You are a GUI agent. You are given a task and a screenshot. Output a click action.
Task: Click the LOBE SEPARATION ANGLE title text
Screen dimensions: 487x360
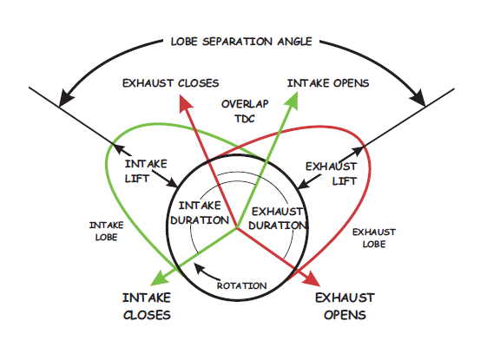pos(241,42)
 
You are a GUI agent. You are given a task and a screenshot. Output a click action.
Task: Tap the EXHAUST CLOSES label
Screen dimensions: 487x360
pos(170,83)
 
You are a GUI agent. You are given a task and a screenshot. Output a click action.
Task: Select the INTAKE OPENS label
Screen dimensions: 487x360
pos(328,83)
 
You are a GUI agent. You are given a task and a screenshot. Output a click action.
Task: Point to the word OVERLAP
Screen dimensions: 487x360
pos(245,104)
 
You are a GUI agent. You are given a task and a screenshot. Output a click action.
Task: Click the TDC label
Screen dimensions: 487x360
pos(245,119)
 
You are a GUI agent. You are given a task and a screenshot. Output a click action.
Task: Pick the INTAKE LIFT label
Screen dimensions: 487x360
pos(146,171)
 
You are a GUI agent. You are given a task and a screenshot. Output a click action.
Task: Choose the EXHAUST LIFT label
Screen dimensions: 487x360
pos(331,173)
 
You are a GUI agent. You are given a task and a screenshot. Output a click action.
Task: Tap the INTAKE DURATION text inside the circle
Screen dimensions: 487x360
pos(200,213)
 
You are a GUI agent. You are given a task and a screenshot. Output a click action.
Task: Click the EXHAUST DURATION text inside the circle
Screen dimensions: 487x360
pos(278,219)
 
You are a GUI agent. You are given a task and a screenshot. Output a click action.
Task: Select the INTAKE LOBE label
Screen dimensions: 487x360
pos(106,231)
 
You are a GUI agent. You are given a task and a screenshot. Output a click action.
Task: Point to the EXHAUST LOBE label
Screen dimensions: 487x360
pos(374,238)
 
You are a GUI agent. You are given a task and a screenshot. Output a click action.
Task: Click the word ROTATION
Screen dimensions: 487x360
pos(241,285)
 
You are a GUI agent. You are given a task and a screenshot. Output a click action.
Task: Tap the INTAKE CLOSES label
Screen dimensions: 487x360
pos(147,306)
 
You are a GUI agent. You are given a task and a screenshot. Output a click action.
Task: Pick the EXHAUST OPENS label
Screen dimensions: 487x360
pos(345,306)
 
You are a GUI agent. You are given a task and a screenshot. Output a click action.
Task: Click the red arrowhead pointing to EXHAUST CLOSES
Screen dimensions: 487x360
pos(185,103)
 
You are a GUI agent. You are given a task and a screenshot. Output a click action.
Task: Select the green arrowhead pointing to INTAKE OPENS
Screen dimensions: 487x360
pos(293,101)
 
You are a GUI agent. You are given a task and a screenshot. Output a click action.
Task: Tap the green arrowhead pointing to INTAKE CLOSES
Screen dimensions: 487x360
pos(159,278)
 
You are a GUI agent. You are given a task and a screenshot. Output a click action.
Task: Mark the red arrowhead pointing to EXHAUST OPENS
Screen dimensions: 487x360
pos(313,279)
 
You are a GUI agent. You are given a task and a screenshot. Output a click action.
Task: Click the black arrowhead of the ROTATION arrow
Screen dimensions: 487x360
pos(198,267)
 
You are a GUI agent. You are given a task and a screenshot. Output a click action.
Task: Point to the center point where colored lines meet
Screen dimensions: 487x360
pos(237,228)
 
